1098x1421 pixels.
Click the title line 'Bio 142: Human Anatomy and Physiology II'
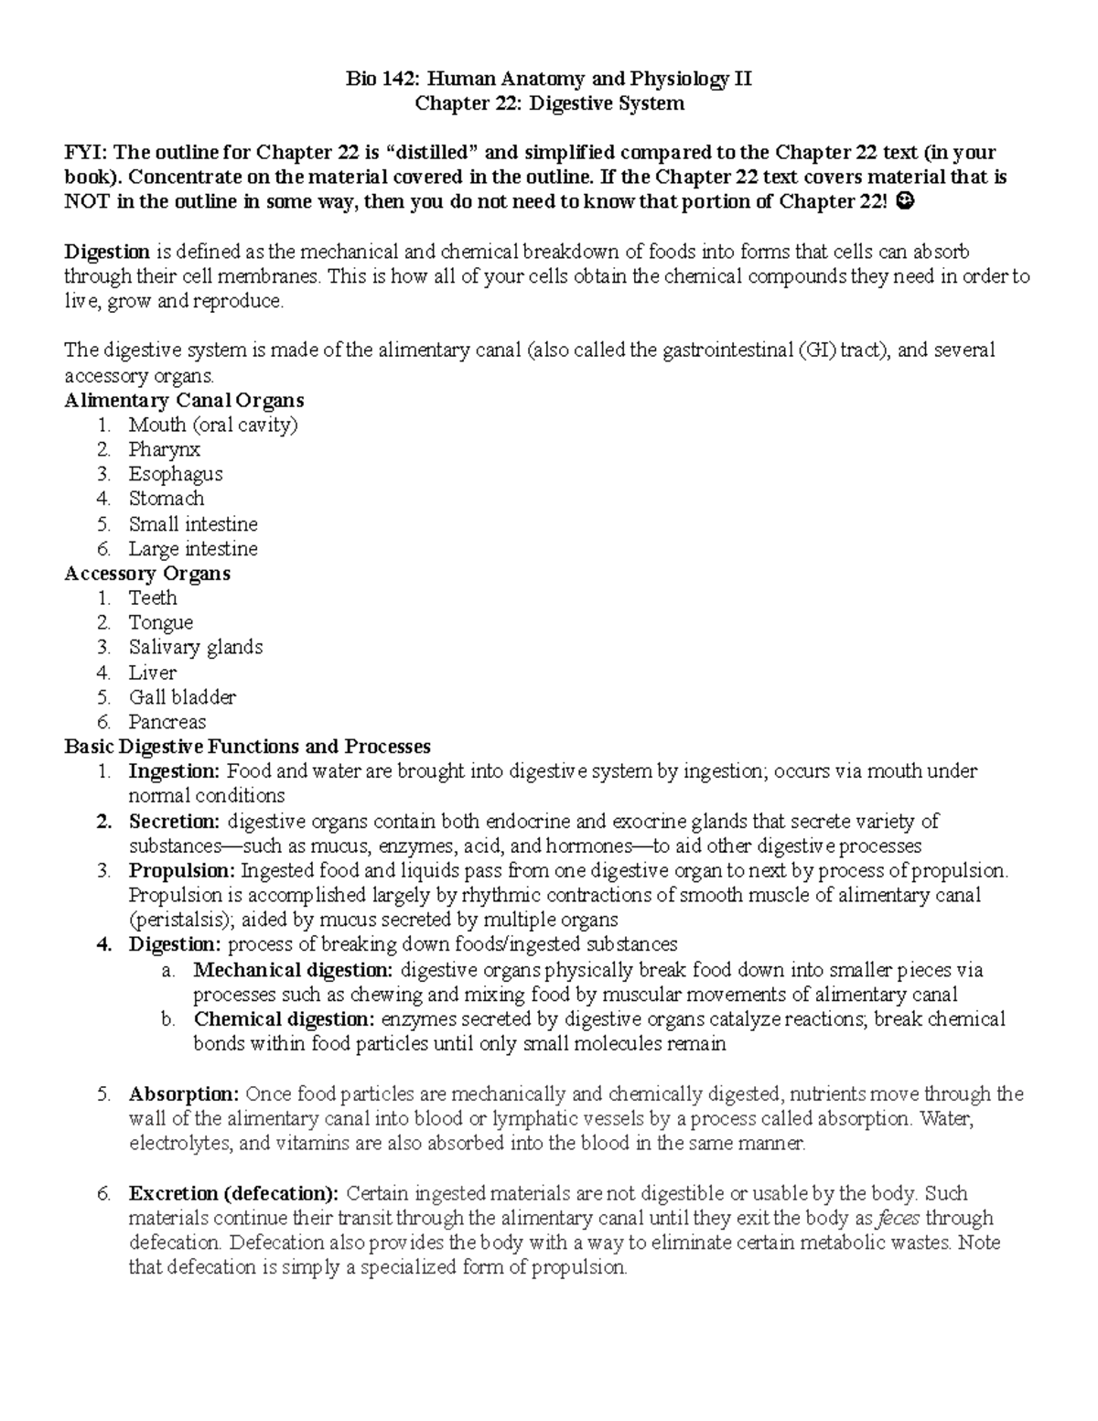(549, 79)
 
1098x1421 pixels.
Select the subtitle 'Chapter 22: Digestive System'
(549, 103)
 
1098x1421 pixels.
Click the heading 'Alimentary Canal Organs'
(184, 400)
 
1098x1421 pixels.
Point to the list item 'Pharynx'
(164, 449)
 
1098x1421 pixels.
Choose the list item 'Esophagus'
(176, 474)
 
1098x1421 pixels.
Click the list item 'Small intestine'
(193, 524)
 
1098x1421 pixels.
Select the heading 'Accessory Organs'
(147, 574)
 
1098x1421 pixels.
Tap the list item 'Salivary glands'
(196, 647)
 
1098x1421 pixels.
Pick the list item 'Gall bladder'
(182, 697)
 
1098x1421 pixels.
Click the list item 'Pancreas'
(167, 722)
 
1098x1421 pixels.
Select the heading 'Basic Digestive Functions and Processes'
(247, 747)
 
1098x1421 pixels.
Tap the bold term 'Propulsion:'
(182, 870)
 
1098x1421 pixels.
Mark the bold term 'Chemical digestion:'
(284, 1019)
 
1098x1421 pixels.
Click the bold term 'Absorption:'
(184, 1094)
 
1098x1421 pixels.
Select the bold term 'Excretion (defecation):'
(233, 1194)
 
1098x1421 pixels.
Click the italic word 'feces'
(899, 1219)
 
